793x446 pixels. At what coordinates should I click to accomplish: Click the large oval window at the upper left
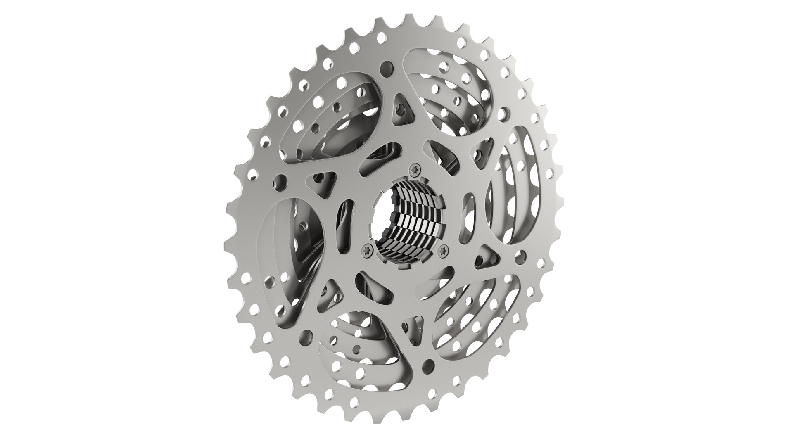(330, 120)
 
